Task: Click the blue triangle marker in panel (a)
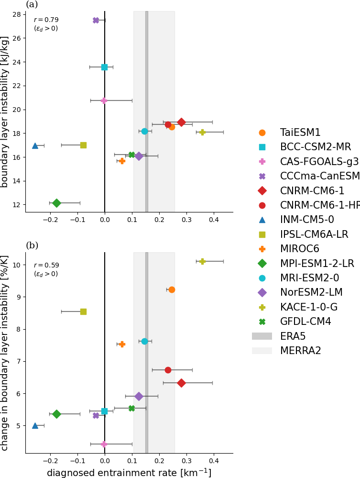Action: click(35, 145)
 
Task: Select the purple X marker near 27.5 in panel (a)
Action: click(96, 20)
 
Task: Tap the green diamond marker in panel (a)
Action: click(56, 203)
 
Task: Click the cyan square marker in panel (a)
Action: click(104, 67)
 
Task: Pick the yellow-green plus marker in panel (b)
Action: click(202, 261)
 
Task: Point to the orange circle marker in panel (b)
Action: click(172, 289)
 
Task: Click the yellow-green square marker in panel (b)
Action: click(83, 311)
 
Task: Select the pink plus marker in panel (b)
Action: click(104, 444)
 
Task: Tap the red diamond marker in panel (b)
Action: click(181, 383)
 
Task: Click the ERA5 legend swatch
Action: click(262, 336)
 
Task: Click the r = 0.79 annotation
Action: click(46, 20)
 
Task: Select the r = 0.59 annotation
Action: click(46, 265)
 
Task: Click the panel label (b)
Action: click(32, 245)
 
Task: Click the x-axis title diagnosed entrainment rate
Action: click(129, 472)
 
